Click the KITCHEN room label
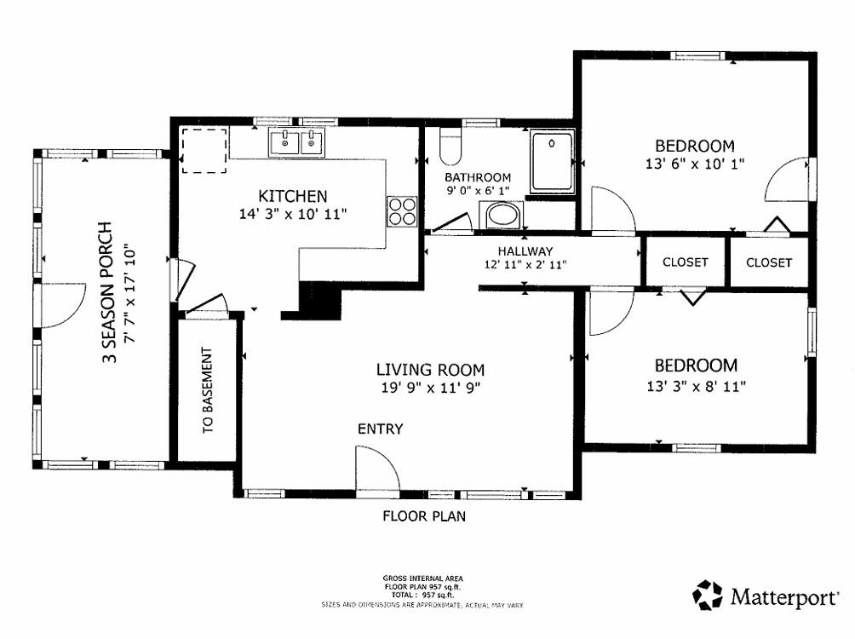pos(293,196)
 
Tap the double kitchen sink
pos(298,142)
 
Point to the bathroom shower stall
pos(552,162)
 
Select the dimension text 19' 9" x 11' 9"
pos(431,389)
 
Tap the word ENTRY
pos(380,429)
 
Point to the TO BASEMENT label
pos(208,391)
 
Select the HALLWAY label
pos(525,251)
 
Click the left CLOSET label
pos(685,262)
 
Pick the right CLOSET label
pos(768,262)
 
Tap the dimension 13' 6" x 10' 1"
pos(694,164)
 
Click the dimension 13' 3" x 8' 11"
pos(695,385)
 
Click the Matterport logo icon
pos(708,595)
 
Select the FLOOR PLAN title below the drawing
pos(423,515)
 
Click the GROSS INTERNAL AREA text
pos(422,579)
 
